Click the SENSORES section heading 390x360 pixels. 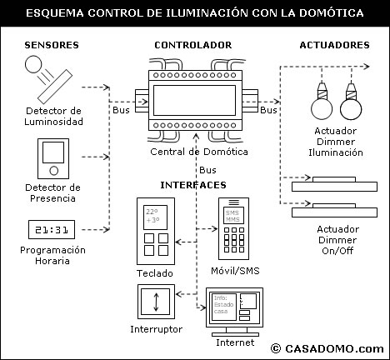[52, 43]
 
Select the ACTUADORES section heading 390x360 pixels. [332, 43]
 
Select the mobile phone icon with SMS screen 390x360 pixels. [232, 227]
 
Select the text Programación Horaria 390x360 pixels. [52, 255]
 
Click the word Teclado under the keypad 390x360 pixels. [155, 272]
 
